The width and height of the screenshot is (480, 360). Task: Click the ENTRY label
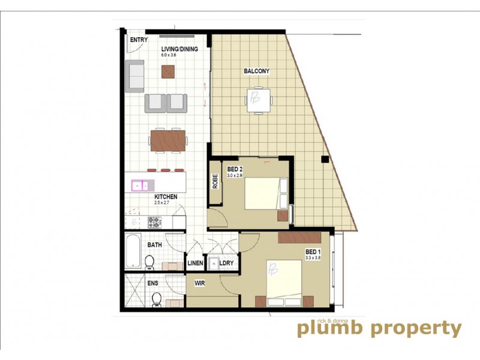coord(139,40)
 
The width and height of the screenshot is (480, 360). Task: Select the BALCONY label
coord(256,71)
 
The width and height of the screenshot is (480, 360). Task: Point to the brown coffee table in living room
coord(168,72)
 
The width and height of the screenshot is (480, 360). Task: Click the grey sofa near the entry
coord(135,76)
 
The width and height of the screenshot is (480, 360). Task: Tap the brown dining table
coord(168,141)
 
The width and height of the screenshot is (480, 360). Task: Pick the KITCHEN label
coord(166,197)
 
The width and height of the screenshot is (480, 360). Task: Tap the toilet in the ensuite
coord(157,298)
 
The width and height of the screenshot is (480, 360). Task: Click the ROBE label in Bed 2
coord(214,181)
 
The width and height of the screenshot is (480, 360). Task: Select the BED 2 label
coord(234,169)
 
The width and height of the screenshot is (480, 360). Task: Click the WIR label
coord(200,283)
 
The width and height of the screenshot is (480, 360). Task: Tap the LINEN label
coord(196,263)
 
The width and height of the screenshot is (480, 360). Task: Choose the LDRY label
coord(226,263)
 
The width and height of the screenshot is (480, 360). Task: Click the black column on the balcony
coord(325,160)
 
